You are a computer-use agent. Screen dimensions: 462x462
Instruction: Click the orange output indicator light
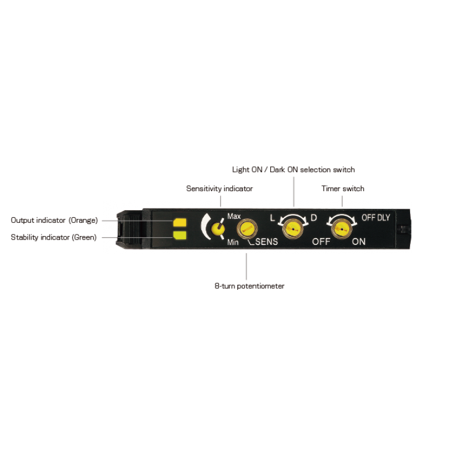coord(180,223)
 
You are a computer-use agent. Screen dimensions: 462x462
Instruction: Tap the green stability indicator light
coord(180,235)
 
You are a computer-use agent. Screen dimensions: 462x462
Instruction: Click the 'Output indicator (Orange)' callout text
coord(54,221)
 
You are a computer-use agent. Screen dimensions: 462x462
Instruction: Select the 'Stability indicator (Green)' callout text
coord(54,237)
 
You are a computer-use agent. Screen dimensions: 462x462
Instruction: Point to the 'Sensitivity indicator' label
coord(219,189)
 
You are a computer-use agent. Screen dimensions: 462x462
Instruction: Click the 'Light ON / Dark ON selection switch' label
coord(293,170)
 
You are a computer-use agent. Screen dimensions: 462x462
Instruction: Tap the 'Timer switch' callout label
coord(343,189)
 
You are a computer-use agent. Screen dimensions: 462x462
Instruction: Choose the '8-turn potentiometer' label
coord(249,286)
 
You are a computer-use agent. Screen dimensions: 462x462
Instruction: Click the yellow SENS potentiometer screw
coord(247,229)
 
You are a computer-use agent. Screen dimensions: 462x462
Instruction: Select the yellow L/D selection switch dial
coord(293,229)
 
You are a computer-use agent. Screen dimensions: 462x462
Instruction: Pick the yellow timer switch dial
coord(342,229)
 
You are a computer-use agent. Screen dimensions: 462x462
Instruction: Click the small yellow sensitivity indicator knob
coord(218,229)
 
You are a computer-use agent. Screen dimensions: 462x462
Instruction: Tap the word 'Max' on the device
coord(234,216)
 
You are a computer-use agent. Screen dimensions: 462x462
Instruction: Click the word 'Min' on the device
coord(233,242)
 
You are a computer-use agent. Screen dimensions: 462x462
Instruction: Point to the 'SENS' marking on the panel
coord(267,241)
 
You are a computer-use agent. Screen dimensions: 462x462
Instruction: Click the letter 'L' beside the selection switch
coord(273,218)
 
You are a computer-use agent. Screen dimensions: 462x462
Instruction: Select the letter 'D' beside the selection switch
coord(314,218)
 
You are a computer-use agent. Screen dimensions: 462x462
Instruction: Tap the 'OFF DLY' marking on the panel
coord(376,218)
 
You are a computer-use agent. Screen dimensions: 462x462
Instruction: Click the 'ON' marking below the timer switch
coord(359,241)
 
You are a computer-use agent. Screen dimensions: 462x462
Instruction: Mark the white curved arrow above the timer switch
coord(342,215)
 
